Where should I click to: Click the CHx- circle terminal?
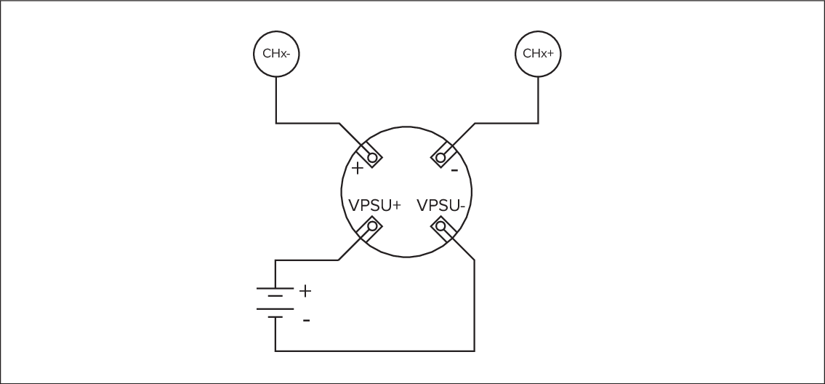pos(276,53)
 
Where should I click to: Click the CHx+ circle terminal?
pos(539,53)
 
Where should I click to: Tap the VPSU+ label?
pos(374,205)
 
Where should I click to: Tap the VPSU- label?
pos(440,205)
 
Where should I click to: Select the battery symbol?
pos(275,302)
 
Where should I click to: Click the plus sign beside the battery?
pos(305,291)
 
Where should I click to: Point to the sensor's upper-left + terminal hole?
pos(373,157)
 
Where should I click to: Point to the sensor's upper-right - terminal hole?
pos(440,157)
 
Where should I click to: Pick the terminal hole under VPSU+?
pos(373,227)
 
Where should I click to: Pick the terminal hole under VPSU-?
pos(440,227)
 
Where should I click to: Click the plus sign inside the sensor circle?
pos(358,169)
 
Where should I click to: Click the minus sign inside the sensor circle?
pos(454,171)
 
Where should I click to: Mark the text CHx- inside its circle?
pos(276,53)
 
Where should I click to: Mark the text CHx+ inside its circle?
pos(539,53)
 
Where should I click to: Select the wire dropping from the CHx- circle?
pos(276,98)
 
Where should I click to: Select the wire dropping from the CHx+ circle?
pos(539,98)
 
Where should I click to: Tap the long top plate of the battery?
pos(275,288)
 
